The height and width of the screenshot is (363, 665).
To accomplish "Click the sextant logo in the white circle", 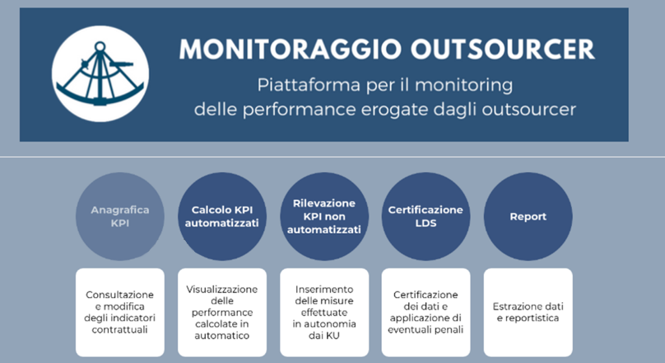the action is click(100, 74).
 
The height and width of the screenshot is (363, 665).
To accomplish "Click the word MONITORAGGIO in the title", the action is click(291, 49).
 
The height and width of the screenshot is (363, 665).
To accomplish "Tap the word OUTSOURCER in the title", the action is click(503, 49).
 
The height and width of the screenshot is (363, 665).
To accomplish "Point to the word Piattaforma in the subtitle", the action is click(309, 85).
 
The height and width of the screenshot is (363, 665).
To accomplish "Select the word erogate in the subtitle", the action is click(393, 109).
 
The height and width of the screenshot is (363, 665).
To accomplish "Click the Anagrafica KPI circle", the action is click(120, 216).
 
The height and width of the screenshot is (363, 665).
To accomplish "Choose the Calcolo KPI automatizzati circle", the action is click(222, 216).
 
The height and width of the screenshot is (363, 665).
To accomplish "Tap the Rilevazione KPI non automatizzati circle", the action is click(324, 216).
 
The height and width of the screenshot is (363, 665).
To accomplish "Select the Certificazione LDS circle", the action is click(426, 216).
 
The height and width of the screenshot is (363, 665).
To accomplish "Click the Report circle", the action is click(528, 216).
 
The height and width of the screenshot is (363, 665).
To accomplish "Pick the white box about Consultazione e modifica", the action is click(120, 312).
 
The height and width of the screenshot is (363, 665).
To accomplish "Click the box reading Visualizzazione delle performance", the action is click(222, 312).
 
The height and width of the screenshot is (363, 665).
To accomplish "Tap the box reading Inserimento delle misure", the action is click(324, 312).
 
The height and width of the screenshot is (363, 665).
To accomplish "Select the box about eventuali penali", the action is click(426, 312).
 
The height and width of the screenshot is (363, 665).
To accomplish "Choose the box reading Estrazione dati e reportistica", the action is click(528, 312).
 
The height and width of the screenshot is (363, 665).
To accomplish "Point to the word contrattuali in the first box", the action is click(119, 329).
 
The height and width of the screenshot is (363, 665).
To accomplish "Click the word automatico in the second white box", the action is click(222, 336).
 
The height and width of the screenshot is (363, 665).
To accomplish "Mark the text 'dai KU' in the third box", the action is click(324, 336).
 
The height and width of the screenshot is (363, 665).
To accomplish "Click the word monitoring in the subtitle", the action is click(463, 86).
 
